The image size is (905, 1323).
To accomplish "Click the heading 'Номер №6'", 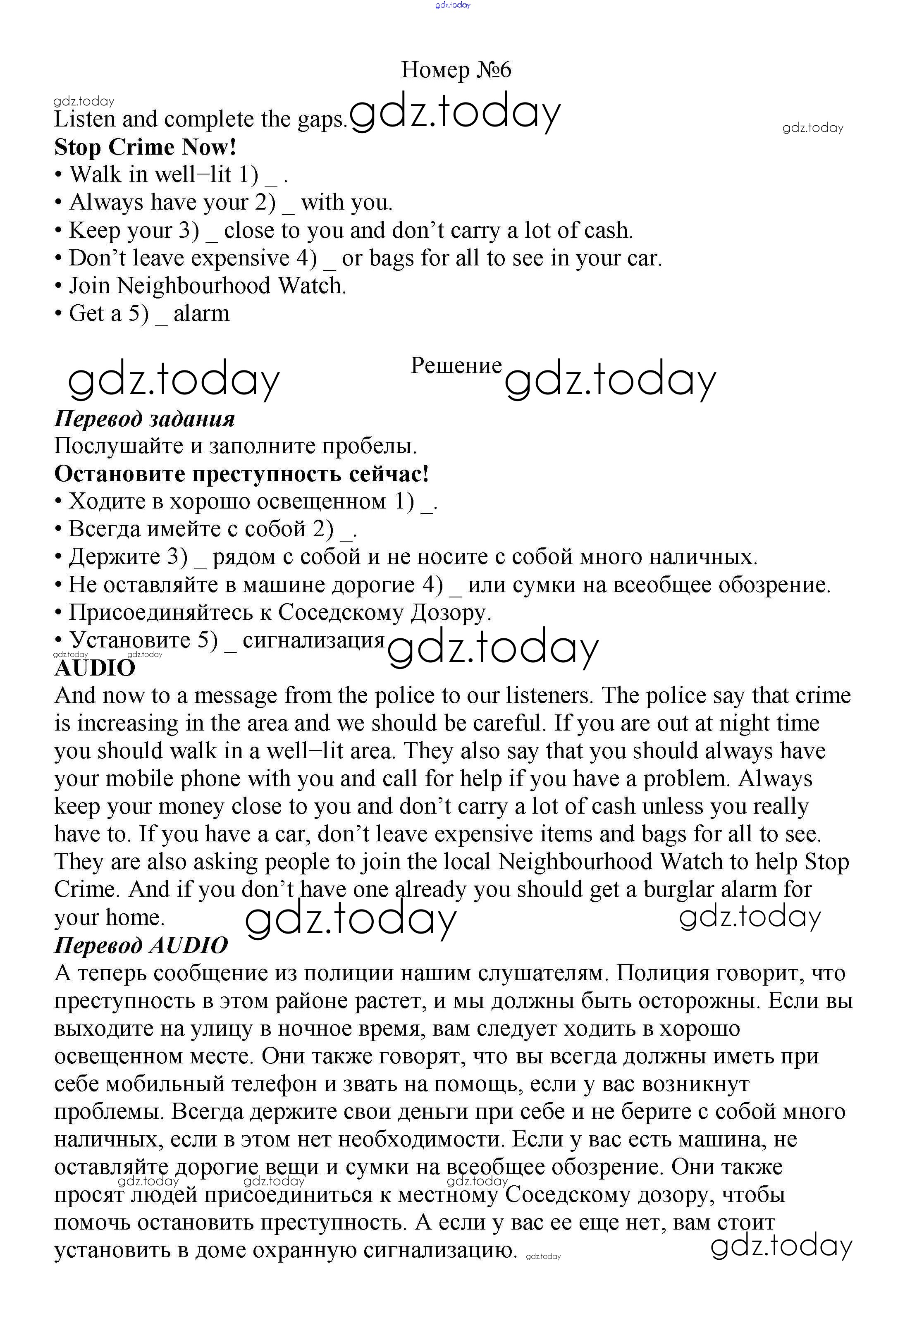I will point(456,70).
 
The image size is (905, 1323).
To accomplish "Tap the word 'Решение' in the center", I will point(456,365).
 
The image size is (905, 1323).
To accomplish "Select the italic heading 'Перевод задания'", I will point(144,419).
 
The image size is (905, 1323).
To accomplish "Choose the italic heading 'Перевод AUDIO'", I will point(141,946).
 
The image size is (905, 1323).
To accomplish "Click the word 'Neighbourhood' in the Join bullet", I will point(193,286).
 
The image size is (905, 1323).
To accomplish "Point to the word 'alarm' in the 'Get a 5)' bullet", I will point(201,314).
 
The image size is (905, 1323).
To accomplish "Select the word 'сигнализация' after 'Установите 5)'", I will point(314,640).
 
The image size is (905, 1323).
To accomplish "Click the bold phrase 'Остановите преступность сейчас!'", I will point(241,474).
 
